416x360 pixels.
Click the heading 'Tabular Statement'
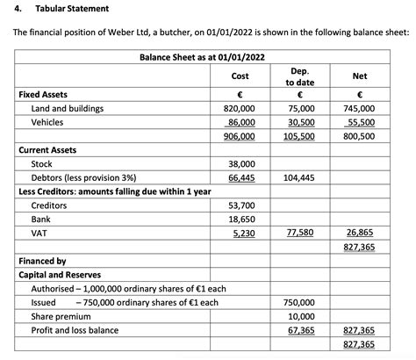[73, 8]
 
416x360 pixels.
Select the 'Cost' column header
[240, 76]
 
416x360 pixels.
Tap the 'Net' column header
[360, 76]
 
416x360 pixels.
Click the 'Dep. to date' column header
[299, 76]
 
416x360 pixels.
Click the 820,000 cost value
[240, 108]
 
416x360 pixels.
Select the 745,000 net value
[360, 108]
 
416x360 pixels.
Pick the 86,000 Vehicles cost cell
[240, 122]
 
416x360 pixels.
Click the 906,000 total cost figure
[240, 136]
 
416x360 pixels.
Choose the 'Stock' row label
[41, 163]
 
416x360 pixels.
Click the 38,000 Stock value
[241, 163]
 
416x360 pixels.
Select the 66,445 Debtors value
[241, 177]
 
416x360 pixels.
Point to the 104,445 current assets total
[299, 177]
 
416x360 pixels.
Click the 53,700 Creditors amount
[241, 205]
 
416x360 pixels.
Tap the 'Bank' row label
[40, 219]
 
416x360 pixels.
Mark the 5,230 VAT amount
[243, 233]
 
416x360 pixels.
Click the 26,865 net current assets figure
[360, 233]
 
